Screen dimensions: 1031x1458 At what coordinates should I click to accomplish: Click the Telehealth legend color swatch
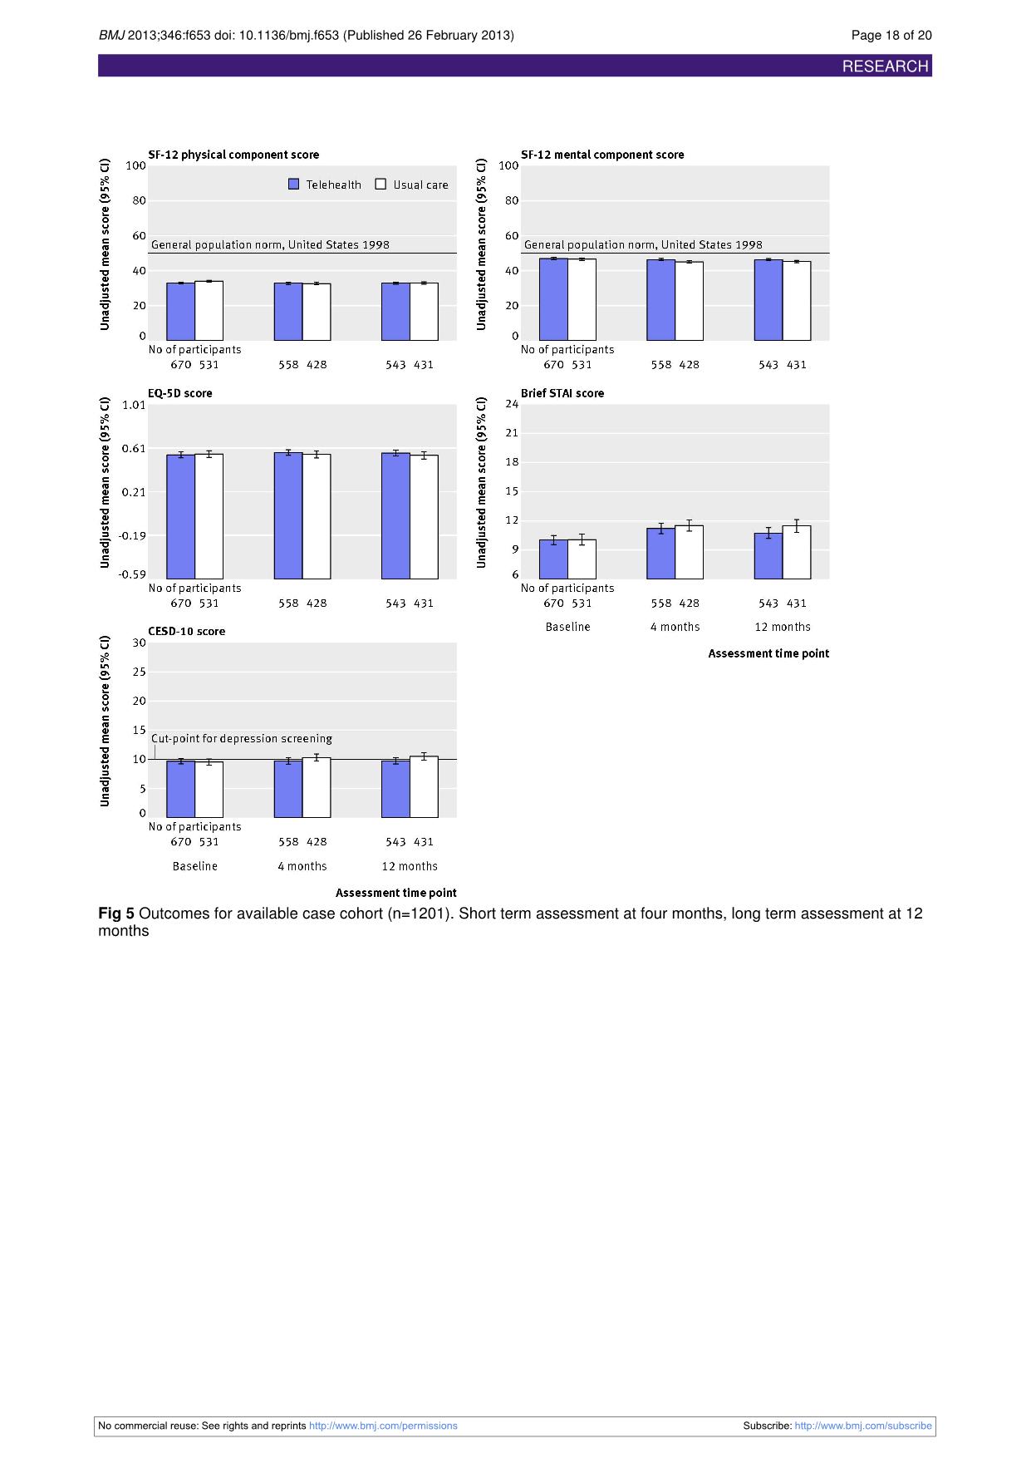point(293,185)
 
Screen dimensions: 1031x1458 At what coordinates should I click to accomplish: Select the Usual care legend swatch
point(380,185)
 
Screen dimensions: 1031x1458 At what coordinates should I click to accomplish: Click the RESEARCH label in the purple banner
point(885,66)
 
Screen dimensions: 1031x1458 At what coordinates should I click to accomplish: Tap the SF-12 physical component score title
point(233,155)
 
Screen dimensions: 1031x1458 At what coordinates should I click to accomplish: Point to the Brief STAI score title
point(562,393)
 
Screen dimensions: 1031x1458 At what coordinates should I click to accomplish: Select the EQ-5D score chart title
point(180,393)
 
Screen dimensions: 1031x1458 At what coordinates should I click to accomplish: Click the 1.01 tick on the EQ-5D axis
point(134,405)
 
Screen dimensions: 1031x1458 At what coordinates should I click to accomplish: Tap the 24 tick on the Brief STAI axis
point(512,404)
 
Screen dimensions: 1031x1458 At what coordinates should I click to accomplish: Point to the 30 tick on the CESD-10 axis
point(139,643)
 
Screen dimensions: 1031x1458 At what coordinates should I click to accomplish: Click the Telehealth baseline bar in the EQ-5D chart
point(181,516)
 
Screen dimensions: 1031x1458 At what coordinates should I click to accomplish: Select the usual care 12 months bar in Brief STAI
point(797,552)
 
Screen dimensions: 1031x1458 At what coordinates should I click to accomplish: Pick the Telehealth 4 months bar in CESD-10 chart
point(288,789)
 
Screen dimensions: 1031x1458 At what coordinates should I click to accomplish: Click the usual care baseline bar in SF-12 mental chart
point(582,300)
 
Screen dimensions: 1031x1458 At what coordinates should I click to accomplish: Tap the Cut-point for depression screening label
point(242,738)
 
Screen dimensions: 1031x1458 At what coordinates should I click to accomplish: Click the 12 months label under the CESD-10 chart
point(410,866)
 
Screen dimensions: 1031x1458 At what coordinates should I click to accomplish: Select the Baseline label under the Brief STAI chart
point(568,627)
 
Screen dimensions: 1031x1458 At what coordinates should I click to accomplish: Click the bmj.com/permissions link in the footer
point(383,1426)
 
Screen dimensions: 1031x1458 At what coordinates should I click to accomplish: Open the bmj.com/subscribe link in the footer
point(863,1426)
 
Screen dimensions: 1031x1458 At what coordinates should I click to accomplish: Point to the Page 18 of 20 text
point(891,35)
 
